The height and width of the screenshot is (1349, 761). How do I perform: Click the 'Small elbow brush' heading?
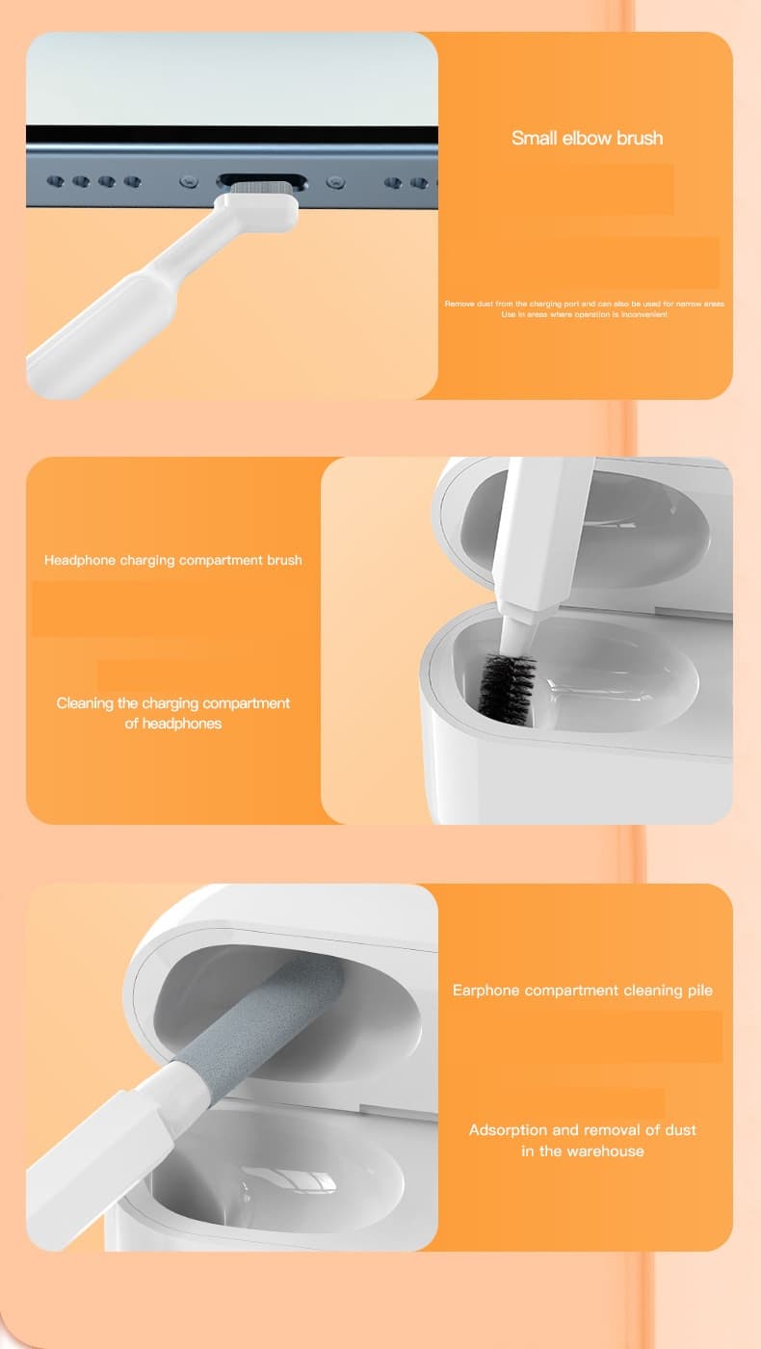click(587, 138)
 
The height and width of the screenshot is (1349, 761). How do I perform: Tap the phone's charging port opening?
click(262, 180)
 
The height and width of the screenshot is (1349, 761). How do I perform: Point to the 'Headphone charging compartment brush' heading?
click(173, 560)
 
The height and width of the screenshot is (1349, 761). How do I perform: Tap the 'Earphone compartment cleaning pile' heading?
click(583, 991)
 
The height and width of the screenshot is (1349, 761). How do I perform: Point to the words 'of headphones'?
click(173, 724)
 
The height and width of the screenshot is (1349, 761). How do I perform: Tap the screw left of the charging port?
click(189, 181)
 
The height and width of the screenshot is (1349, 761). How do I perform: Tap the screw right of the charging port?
click(335, 181)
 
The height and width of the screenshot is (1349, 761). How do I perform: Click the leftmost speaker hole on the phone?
click(56, 181)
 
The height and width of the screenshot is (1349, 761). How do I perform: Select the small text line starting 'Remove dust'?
click(584, 304)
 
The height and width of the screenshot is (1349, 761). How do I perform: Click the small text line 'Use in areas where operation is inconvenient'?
click(584, 314)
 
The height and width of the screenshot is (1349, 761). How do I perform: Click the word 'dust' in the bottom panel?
click(680, 1129)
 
